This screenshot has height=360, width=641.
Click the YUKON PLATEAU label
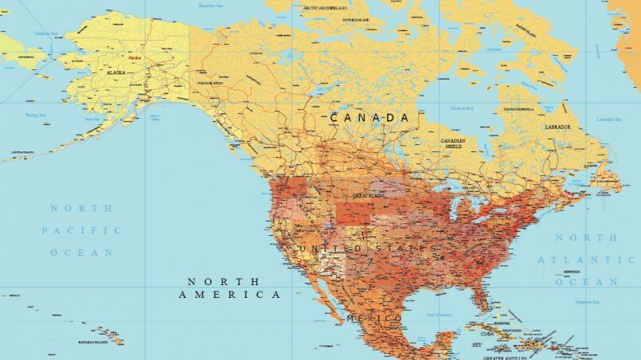(x=211, y=82)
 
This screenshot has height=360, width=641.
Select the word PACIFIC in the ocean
(x=82, y=230)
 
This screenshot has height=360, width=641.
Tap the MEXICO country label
(x=374, y=319)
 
